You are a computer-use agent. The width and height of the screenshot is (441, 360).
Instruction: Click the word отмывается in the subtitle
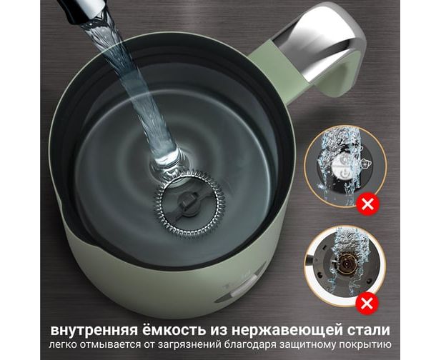[x=109, y=344]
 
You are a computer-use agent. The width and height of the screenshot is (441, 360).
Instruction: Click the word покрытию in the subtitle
[x=367, y=345]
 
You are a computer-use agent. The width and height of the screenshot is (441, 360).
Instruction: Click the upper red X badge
[x=367, y=204]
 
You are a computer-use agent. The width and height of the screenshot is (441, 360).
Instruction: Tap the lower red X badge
[x=367, y=304]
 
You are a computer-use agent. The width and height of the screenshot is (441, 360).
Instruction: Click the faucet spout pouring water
[x=80, y=11]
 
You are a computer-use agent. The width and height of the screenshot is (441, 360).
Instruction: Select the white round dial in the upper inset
[x=342, y=168]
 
